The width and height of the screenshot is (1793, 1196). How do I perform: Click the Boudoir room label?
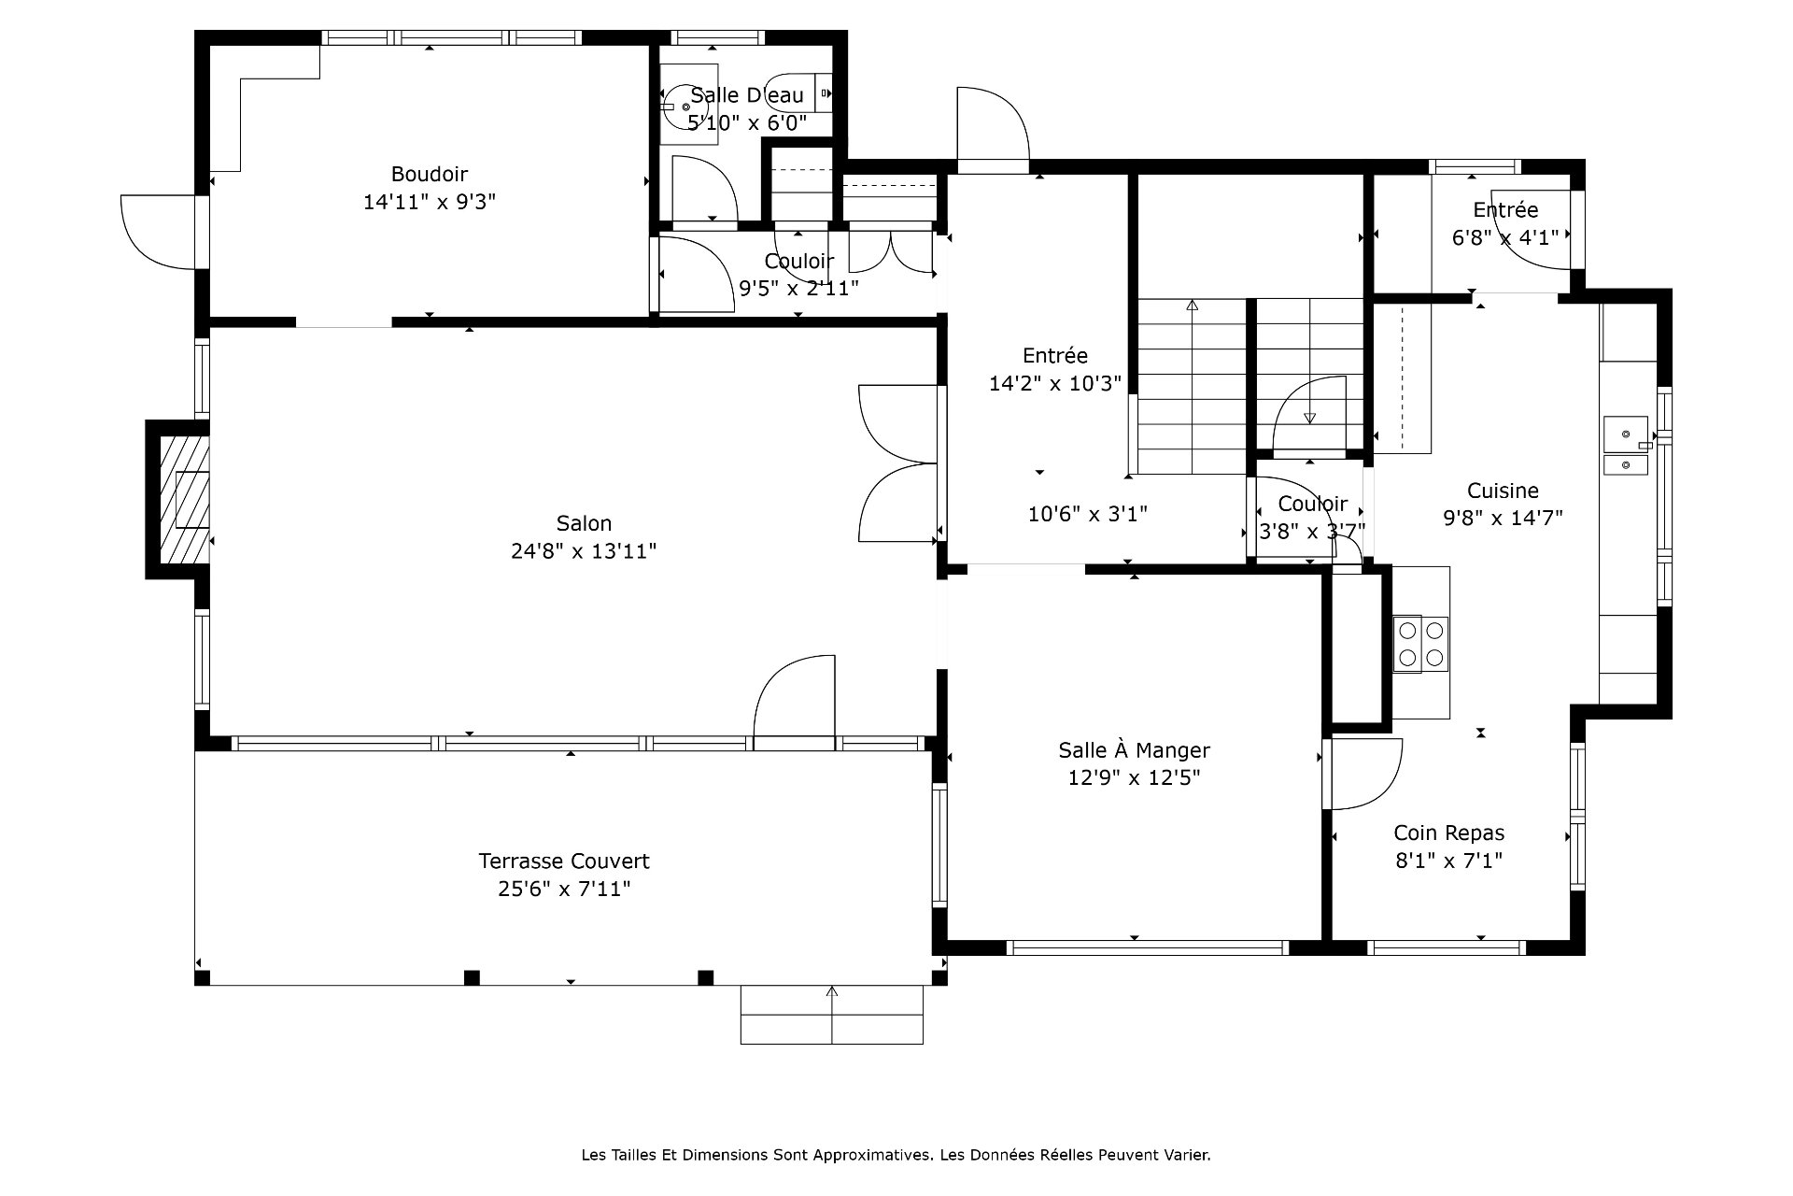[430, 174]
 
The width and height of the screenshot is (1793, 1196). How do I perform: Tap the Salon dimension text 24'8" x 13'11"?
[584, 551]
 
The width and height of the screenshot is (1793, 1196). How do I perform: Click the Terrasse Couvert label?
[564, 861]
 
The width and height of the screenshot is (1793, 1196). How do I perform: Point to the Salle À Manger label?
[1134, 749]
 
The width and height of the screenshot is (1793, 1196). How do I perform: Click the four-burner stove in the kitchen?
[1420, 644]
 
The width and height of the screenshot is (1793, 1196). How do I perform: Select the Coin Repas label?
[1449, 833]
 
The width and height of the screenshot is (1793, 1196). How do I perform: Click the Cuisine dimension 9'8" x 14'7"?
[1503, 518]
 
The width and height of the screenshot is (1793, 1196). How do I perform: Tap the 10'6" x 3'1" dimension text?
[1087, 513]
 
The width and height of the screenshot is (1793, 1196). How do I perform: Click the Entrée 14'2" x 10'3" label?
[1055, 369]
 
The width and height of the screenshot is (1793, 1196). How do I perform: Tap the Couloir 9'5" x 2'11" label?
[798, 275]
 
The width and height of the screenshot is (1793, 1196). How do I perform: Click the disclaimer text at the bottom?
[896, 1155]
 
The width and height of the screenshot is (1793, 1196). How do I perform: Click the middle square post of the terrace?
[472, 977]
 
